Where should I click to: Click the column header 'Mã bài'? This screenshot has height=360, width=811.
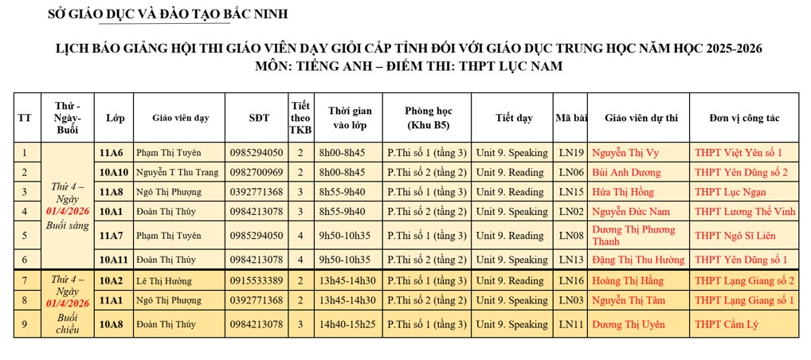[571, 118]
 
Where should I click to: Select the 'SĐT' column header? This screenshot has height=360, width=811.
[259, 118]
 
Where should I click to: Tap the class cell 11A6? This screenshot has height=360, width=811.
[111, 152]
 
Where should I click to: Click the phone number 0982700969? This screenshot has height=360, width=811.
[256, 172]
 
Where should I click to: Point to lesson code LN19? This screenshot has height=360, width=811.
[571, 152]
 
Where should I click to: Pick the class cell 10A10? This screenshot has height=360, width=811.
[114, 172]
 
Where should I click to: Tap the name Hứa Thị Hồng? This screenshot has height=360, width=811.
[623, 191]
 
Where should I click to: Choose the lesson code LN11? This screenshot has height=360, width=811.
[571, 324]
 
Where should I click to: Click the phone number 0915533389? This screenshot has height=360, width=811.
[256, 280]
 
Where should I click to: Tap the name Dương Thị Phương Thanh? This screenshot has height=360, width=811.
[633, 235]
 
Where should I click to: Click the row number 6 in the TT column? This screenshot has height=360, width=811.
[25, 260]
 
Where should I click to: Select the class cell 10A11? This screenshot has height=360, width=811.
[114, 260]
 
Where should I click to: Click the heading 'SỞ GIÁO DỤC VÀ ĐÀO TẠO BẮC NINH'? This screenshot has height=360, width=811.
[168, 14]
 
